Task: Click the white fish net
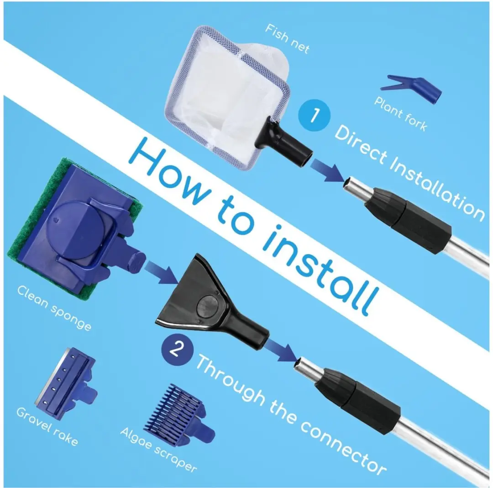tap(226, 95)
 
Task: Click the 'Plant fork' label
tap(401, 114)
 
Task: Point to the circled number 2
tap(177, 349)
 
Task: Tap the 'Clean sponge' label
tap(54, 308)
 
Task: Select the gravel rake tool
tap(66, 383)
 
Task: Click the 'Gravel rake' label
tap(47, 426)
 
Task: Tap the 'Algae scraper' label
tap(158, 450)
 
